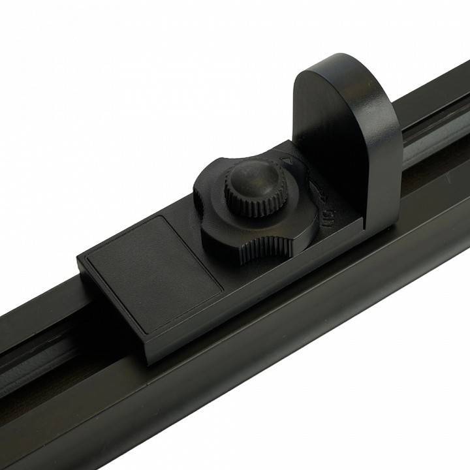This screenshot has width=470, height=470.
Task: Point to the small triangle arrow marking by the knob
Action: [x=285, y=159]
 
